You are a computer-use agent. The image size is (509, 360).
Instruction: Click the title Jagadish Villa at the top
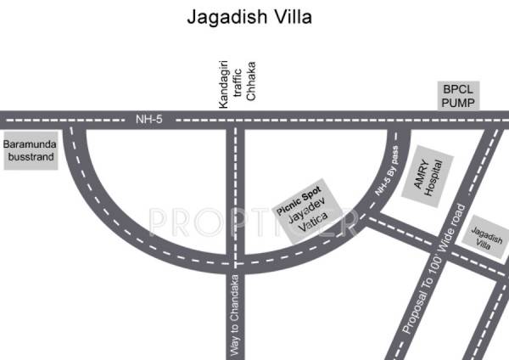tap(254, 17)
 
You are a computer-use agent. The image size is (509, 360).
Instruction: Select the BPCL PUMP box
tap(459, 96)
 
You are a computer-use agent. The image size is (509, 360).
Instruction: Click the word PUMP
tap(459, 103)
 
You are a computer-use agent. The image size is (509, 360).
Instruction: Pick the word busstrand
tap(30, 157)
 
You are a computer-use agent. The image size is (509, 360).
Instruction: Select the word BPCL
tap(459, 88)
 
